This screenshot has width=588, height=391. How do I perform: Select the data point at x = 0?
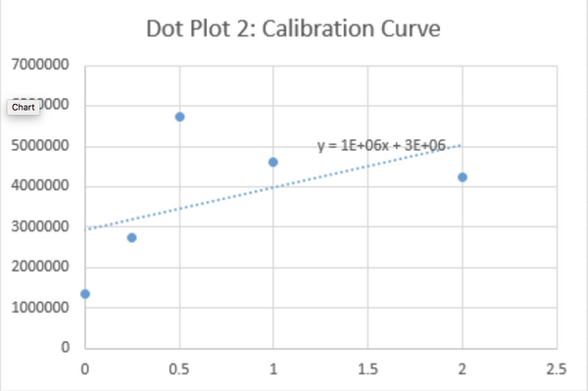coord(85,294)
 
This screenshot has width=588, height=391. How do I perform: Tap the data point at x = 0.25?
coord(132,237)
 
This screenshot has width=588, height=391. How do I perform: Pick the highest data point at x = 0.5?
coord(179,117)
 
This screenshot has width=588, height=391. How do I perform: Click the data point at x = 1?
coord(273,162)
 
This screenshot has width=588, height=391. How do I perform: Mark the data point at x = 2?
coord(462,177)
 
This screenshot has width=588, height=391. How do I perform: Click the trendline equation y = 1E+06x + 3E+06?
coord(381,145)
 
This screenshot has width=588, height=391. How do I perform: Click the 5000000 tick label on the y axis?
coord(40,146)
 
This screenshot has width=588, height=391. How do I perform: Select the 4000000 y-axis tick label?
coord(40,186)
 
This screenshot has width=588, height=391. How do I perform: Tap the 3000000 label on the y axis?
coord(40,227)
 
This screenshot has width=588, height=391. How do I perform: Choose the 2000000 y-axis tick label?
coord(40,268)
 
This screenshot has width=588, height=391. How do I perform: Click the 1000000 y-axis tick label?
coord(40,308)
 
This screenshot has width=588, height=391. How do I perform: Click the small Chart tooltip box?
coord(24,106)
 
